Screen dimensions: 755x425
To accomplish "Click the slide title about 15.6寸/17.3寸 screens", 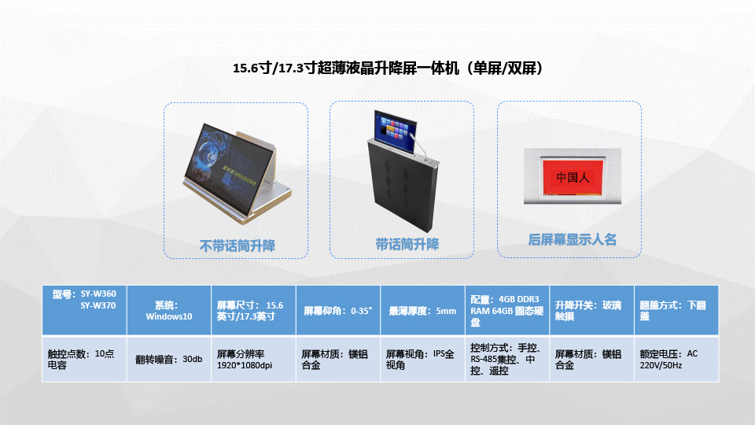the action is point(388,68).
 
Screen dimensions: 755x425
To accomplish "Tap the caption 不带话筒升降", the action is point(238,246).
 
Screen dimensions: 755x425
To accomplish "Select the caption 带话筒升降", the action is point(407,244).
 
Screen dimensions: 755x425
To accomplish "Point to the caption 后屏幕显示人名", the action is point(572,239).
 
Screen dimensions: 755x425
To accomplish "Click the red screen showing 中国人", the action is point(573,177).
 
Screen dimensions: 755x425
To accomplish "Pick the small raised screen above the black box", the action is point(395,131).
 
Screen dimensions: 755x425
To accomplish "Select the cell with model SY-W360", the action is point(84,310).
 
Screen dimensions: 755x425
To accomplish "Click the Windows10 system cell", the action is point(169,310).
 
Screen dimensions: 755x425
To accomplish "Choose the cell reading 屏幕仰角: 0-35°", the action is point(338,310).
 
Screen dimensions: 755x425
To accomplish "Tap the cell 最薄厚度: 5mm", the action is point(423,310).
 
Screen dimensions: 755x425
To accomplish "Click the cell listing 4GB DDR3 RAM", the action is point(507,310).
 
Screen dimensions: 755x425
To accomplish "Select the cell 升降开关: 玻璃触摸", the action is point(591,310).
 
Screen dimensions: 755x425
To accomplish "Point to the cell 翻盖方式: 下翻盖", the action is point(676,310).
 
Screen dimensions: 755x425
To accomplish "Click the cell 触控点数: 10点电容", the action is point(84,359).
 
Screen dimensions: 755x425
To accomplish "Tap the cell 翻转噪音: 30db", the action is point(169,359).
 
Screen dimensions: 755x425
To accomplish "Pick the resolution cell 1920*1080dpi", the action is point(254,359).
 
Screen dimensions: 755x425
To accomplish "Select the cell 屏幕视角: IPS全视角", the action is point(423,359).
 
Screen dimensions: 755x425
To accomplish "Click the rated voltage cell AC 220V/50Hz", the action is point(676,359).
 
